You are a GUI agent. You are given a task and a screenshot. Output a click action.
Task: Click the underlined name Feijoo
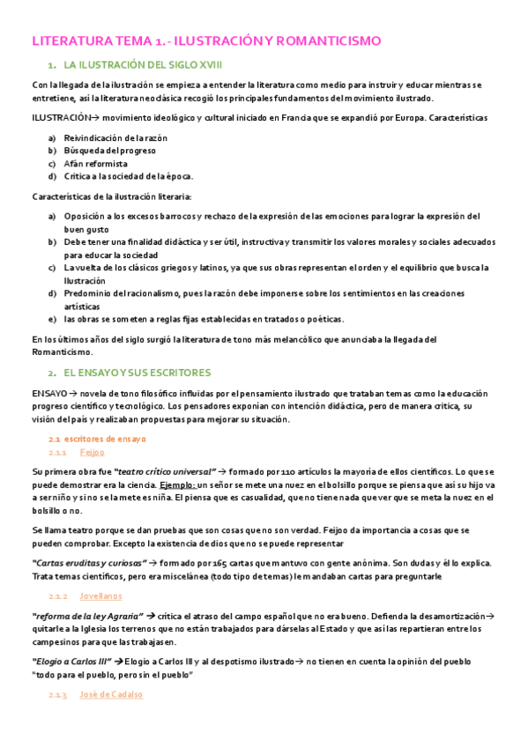pos(92,452)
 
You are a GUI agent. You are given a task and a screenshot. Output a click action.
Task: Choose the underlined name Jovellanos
pos(100,595)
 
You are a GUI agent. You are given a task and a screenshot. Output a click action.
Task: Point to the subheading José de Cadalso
pos(111,694)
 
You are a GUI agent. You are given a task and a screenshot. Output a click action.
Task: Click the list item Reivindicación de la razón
pos(115,138)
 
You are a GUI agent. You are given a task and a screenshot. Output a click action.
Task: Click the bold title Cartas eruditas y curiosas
pos(88,563)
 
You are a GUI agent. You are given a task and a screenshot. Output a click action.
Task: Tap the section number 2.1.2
pos(58,595)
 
